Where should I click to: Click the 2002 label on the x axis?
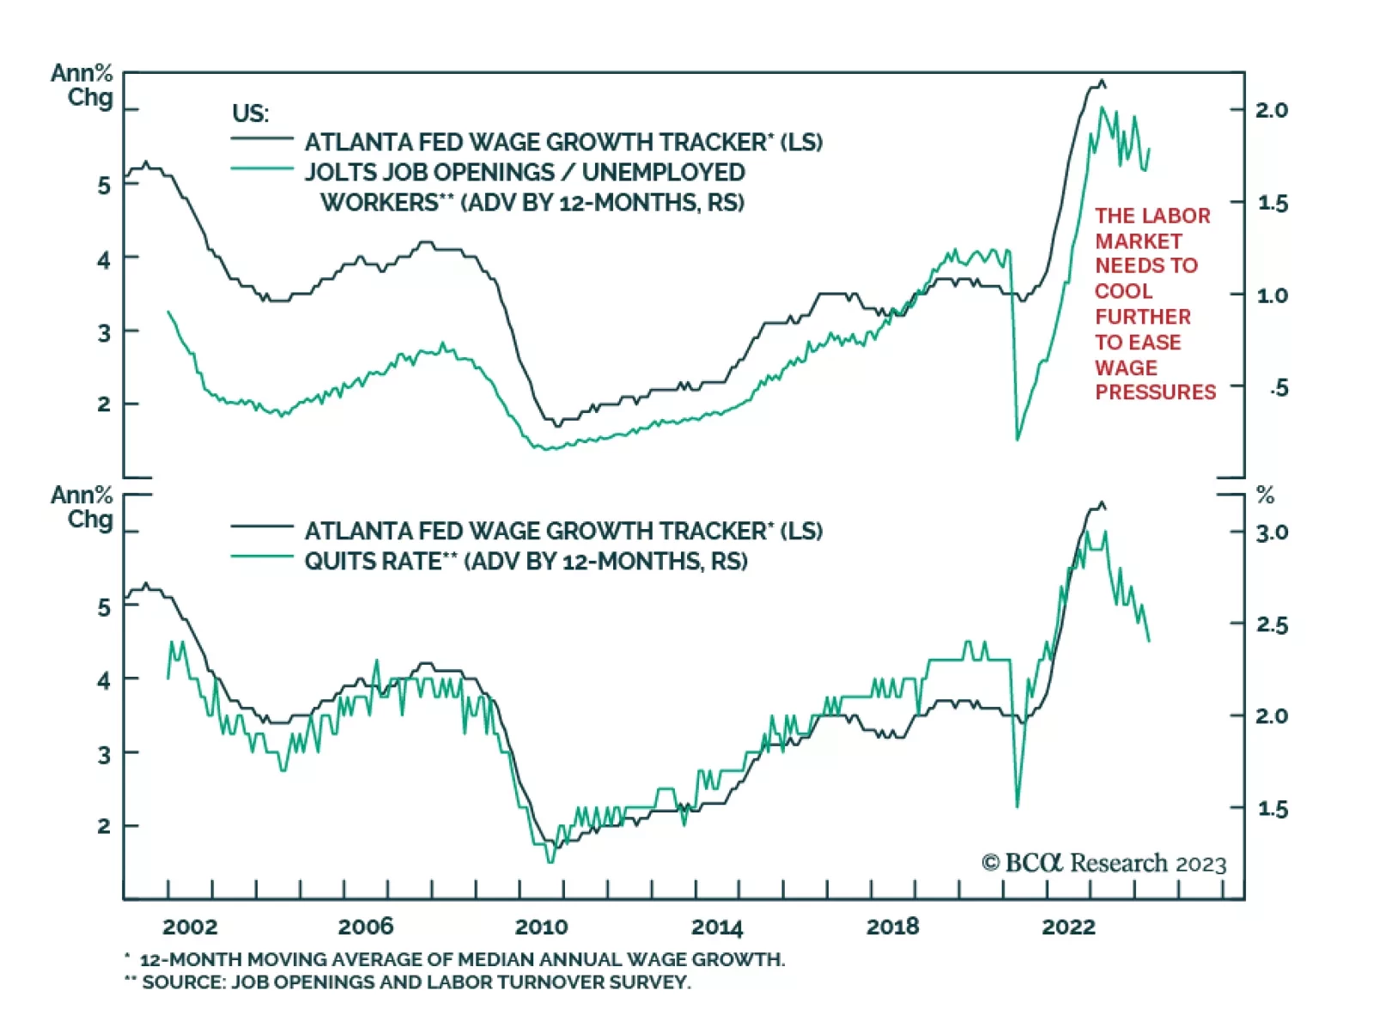pos(190,927)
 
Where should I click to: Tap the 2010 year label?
pos(541,927)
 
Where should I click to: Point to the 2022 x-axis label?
pos(1068,927)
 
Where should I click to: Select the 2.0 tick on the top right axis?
pos(1272,110)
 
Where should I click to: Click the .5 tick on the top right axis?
pos(1279,388)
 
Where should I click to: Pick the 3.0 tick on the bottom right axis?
pos(1272,532)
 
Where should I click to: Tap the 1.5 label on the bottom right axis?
pos(1272,808)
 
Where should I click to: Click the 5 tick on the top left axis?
pos(104,186)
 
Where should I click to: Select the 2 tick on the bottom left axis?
pos(104,826)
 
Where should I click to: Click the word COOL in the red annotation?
pos(1123,291)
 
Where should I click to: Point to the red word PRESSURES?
pos(1155,392)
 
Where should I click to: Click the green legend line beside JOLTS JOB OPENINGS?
pos(262,169)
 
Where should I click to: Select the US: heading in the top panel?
pos(250,113)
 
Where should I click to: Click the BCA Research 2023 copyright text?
pos(1104,863)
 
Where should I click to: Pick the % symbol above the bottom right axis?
pos(1265,496)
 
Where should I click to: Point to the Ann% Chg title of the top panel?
pos(82,85)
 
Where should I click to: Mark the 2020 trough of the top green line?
pos(1018,440)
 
